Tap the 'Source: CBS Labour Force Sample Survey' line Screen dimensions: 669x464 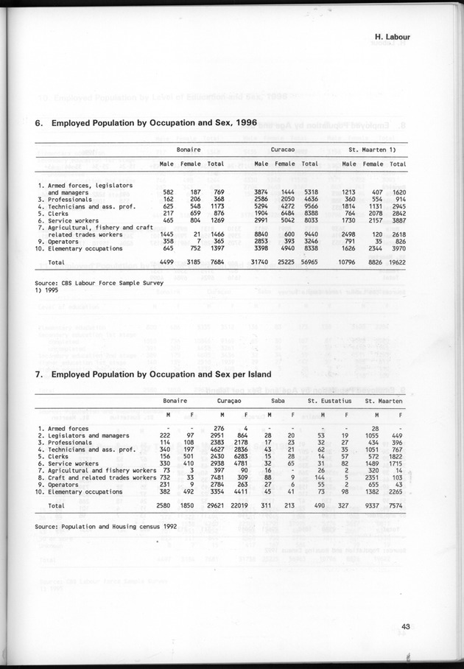click(103, 282)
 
